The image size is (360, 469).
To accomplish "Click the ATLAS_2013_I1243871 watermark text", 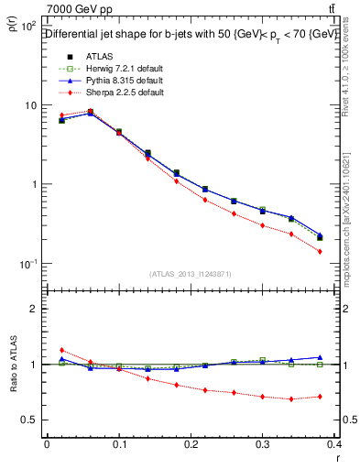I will point(191,274).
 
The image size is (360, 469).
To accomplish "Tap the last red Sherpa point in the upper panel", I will point(320,251).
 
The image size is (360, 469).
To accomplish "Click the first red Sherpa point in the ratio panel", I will point(61,350).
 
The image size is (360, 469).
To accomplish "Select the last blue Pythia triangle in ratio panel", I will point(320,357).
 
